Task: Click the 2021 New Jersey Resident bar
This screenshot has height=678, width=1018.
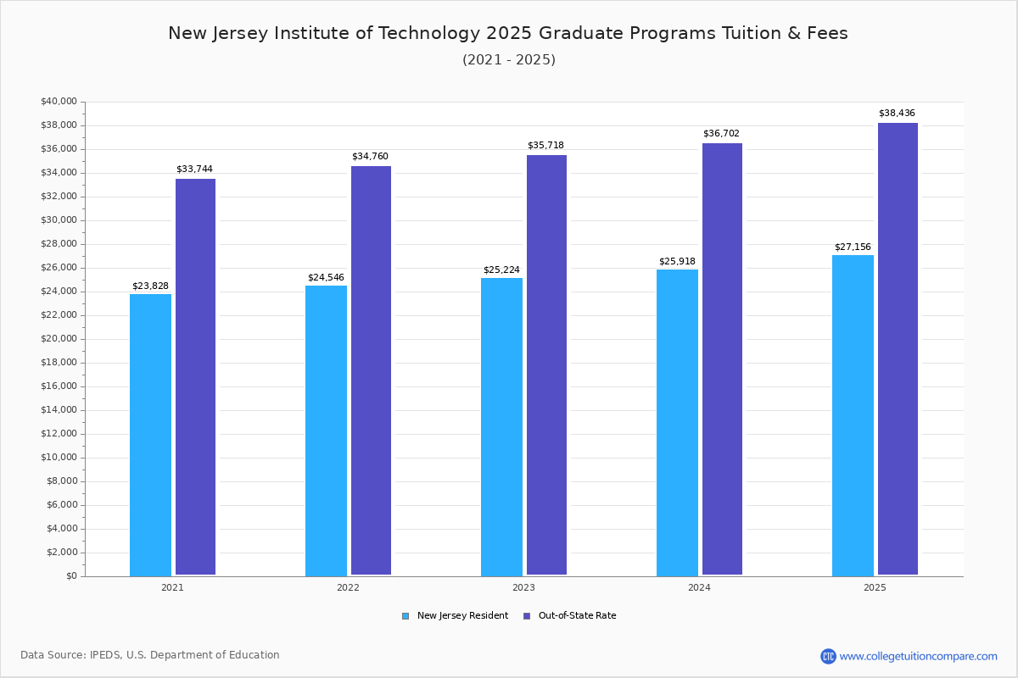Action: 150,435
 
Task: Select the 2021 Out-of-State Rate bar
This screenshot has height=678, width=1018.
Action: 195,377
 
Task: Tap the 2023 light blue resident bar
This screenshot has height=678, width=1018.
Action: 501,427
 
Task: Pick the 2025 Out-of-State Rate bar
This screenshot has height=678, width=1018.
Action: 898,349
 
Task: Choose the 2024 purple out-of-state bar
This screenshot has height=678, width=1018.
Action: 722,359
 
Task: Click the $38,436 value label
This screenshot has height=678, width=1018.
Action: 897,114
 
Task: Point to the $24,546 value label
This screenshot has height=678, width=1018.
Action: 326,278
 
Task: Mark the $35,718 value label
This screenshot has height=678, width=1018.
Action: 545,146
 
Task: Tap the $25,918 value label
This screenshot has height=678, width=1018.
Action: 677,262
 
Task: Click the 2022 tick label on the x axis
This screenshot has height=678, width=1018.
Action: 348,587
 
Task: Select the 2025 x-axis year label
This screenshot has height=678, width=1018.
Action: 875,587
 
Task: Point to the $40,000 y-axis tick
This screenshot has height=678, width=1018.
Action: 59,102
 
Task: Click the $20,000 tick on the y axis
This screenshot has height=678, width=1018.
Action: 59,339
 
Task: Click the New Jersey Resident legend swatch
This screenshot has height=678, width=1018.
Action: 406,616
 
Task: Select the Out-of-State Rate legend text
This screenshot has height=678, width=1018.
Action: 577,616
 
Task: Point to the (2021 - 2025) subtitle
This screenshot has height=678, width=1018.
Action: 509,60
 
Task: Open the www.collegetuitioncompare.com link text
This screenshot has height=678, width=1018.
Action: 918,656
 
